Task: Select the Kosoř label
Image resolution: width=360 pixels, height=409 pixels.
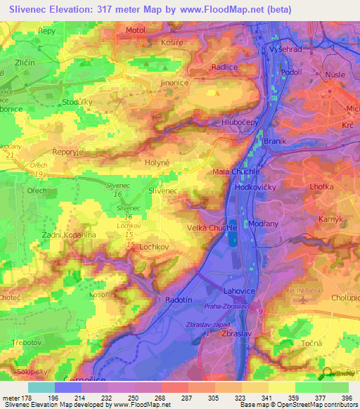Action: [x=98, y=294]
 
